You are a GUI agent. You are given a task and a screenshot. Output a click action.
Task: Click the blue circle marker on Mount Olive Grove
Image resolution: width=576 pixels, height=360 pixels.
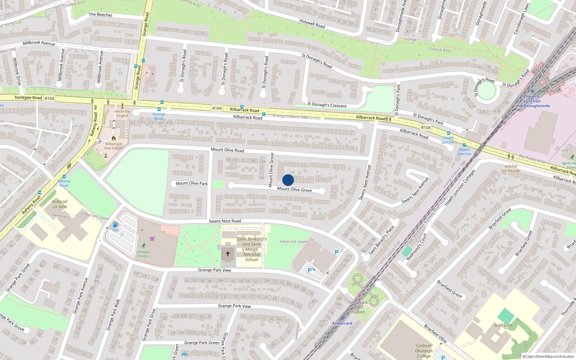[288, 180]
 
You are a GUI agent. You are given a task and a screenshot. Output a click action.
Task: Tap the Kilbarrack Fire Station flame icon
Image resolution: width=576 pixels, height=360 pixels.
[114, 138]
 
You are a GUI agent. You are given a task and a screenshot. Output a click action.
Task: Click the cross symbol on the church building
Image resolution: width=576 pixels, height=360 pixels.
[228, 254]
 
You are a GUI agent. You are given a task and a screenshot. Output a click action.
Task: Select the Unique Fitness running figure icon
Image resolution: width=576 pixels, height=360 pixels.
[144, 246]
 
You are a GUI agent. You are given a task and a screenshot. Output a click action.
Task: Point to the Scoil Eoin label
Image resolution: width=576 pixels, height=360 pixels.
[503, 325]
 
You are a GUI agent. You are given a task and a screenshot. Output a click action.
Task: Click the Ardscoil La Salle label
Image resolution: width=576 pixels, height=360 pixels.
[60, 204]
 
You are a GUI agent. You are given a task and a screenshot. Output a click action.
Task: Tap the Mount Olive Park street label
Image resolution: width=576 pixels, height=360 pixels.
[192, 183]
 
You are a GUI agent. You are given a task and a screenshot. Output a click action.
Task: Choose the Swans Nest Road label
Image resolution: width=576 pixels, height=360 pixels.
[225, 221]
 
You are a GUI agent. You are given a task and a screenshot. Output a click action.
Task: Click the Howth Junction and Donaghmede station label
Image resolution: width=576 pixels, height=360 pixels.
[532, 101]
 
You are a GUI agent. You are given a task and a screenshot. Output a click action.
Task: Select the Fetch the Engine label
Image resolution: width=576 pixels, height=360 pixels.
[122, 113]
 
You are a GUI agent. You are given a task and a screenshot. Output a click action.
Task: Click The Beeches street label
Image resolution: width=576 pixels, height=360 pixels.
[100, 15]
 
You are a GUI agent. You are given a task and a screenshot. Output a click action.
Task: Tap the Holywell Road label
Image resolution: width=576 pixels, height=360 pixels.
[312, 24]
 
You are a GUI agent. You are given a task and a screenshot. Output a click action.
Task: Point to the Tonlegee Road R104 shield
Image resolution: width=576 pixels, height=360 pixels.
[49, 98]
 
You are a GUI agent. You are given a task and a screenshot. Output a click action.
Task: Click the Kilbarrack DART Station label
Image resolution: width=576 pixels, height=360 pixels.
[359, 307]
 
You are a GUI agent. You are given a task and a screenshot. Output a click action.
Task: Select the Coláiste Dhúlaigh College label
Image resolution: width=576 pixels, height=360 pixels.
[424, 351]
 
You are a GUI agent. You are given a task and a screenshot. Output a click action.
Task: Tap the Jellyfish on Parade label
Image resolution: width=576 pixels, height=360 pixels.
[511, 168]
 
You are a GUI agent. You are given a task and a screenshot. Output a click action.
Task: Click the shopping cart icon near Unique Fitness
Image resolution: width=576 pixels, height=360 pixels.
[152, 239]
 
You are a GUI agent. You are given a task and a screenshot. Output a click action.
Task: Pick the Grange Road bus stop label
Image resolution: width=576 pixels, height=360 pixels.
[159, 116]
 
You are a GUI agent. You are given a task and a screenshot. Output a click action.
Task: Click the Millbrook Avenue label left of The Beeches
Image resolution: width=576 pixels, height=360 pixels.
[39, 43]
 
